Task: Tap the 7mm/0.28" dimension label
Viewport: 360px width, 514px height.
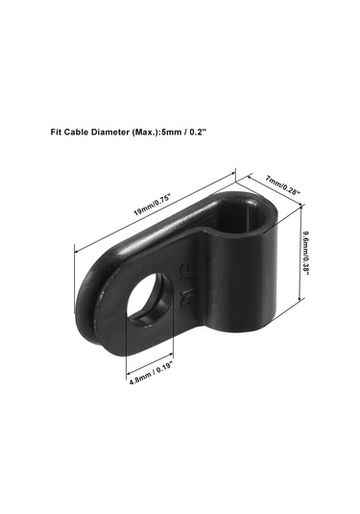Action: coord(282,185)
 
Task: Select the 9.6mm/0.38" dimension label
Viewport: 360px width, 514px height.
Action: coord(306,253)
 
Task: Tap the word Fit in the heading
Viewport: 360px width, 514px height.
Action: coord(56,132)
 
